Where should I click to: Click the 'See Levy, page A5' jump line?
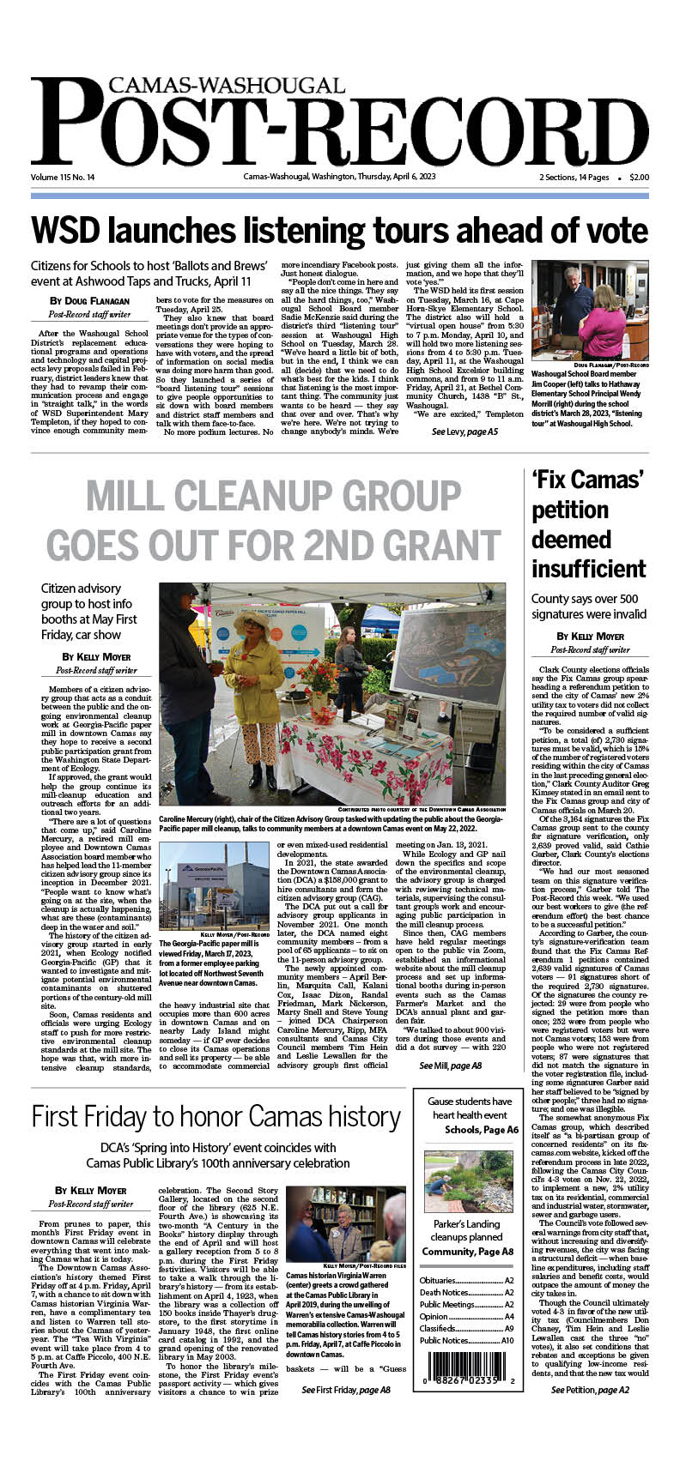[464, 432]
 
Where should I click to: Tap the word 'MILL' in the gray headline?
[137, 497]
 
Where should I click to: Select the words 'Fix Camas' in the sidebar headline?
[587, 480]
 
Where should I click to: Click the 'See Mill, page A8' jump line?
[450, 1066]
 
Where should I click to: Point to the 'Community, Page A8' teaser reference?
[467, 1253]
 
